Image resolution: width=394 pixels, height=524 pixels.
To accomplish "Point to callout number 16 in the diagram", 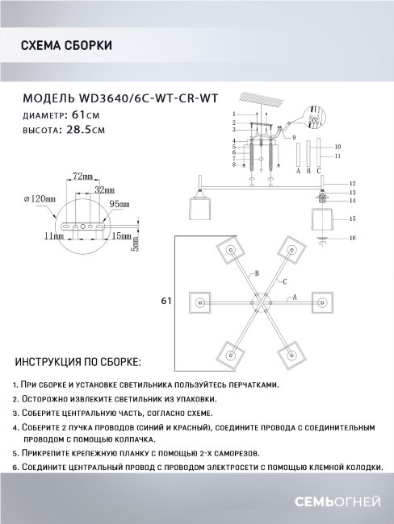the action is (351, 238).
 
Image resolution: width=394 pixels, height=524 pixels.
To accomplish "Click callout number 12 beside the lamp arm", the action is (353, 183).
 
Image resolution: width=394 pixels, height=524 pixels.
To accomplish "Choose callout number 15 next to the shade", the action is (353, 218).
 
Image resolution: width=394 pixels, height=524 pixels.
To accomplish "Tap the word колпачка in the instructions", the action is (128, 440).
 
